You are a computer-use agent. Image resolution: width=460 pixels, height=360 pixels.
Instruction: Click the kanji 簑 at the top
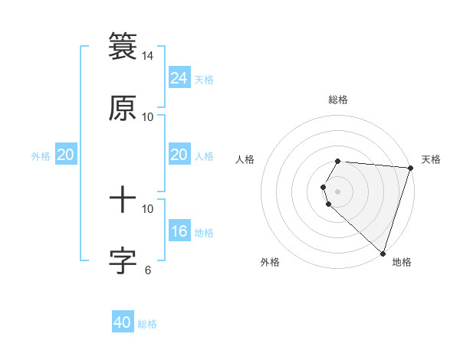pos(123,46)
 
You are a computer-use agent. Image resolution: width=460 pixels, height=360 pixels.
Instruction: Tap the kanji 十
pos(123,201)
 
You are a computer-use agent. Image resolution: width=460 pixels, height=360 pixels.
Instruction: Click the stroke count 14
pos(148,56)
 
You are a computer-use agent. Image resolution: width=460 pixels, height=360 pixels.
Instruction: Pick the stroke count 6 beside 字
pos(148,270)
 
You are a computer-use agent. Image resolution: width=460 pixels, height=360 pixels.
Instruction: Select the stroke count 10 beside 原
pos(148,116)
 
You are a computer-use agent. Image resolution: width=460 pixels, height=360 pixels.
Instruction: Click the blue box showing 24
pos(179,78)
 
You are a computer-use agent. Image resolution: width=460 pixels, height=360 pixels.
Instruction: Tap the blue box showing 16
pos(179,231)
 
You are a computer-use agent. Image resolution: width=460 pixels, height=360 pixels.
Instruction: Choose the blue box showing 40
pos(123,322)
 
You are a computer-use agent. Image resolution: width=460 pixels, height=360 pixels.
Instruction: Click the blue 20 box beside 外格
pos(65,155)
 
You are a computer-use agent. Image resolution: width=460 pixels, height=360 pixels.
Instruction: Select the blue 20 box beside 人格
pos(179,155)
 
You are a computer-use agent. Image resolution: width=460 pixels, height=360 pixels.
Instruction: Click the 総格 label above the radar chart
pos(338,100)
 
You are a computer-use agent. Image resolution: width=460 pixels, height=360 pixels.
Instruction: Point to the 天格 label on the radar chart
pos(431,159)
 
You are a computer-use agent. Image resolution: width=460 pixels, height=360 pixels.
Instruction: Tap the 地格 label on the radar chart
pos(402,262)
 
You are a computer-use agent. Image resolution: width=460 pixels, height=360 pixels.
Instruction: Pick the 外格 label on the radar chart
pos(270,262)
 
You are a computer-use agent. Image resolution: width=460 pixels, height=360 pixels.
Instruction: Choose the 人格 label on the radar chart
pos(245,159)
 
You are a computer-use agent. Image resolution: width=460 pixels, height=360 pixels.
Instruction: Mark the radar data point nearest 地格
pos(383,254)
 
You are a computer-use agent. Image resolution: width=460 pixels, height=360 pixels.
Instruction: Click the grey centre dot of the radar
pos(337,191)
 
